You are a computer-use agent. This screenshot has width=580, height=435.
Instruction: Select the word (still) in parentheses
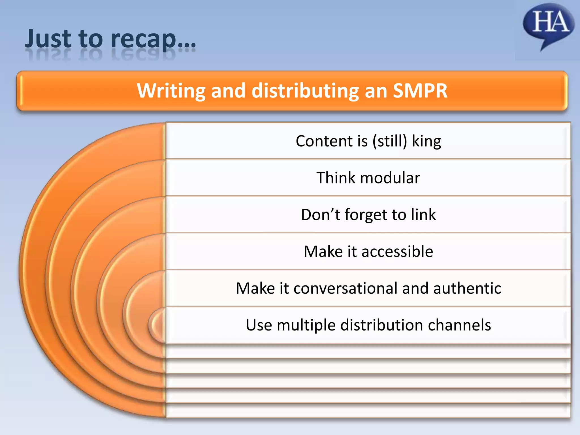[390, 141]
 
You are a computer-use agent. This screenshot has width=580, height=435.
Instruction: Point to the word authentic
[467, 288]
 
